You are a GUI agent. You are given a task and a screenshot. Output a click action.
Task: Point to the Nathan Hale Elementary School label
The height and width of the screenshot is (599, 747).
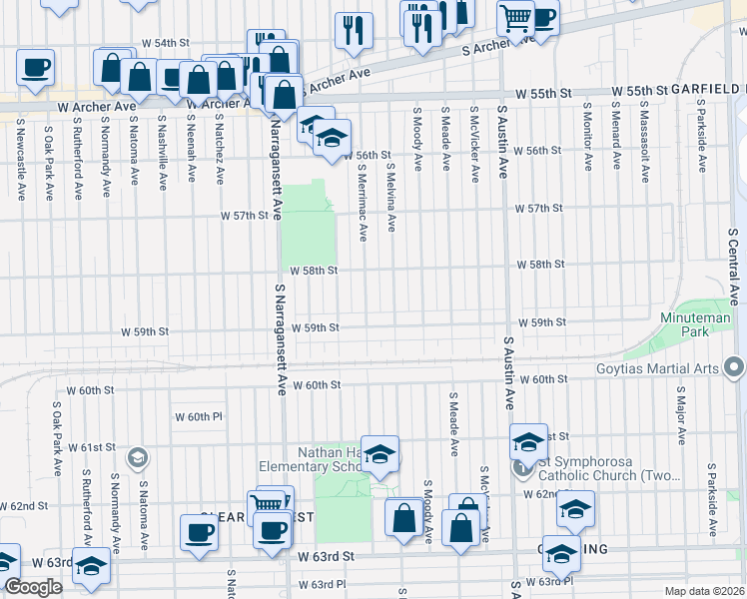point(311,459)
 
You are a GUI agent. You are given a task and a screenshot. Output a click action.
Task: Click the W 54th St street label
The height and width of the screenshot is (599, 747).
point(165,43)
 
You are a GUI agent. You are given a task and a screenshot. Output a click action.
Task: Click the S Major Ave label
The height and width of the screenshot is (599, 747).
point(681,417)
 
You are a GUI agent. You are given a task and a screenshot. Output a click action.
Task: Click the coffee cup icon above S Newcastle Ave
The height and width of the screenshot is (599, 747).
point(35,68)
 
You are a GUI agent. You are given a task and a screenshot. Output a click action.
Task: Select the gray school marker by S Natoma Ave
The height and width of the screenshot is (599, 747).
point(138,457)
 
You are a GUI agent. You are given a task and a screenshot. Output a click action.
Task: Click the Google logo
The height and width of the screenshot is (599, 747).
point(33,587)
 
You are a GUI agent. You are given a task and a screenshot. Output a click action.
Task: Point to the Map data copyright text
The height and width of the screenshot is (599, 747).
point(704,591)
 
